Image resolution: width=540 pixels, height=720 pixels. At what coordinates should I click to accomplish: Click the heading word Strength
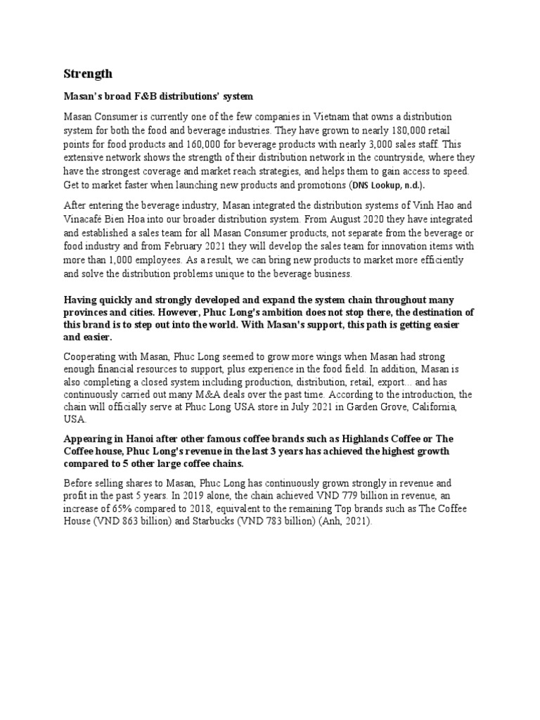coord(88,74)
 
